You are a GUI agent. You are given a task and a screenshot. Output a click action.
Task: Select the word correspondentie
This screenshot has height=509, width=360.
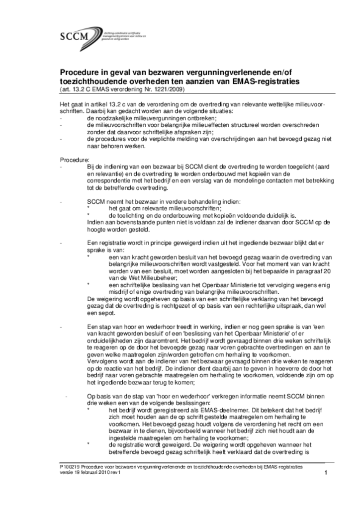click(109, 181)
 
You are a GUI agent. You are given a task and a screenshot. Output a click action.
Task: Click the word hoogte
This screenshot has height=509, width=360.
click(96, 230)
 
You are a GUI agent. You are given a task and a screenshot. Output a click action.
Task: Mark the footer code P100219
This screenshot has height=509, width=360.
click(69, 468)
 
